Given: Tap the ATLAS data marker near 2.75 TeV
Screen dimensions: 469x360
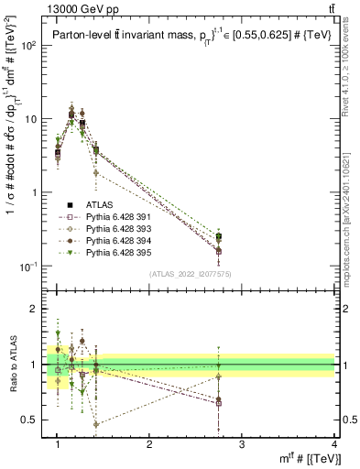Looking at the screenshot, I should [x=219, y=237].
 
